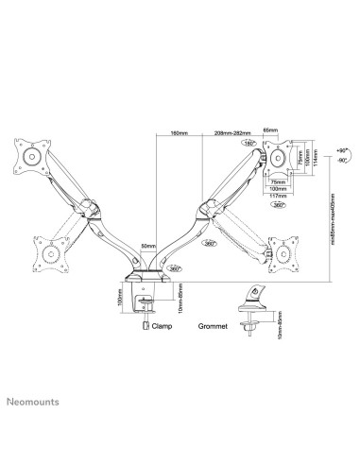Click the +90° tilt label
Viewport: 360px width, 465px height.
tap(341, 150)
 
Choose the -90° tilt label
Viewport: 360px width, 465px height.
tap(341, 162)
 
